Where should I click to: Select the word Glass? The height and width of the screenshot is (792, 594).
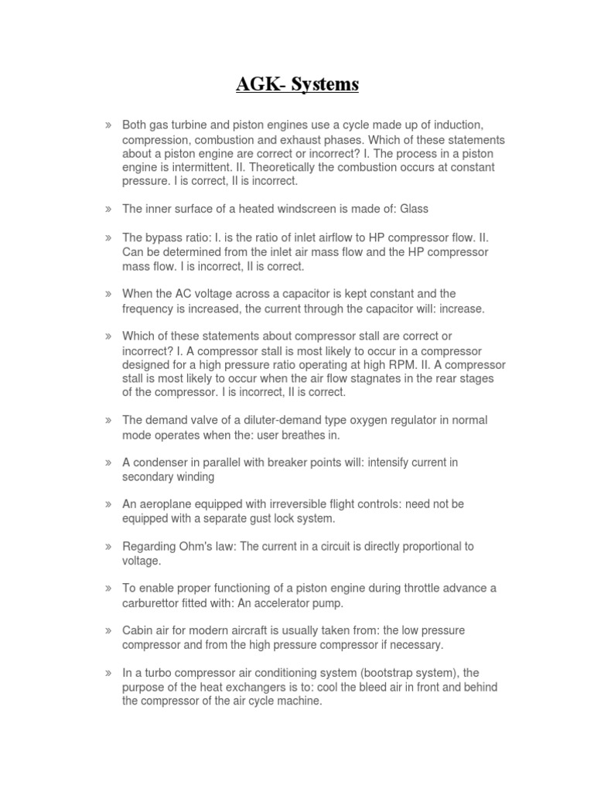click(414, 209)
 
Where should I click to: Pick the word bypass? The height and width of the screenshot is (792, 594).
click(163, 237)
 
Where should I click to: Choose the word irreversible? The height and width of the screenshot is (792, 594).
click(290, 504)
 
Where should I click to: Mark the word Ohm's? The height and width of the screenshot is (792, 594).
click(193, 546)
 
